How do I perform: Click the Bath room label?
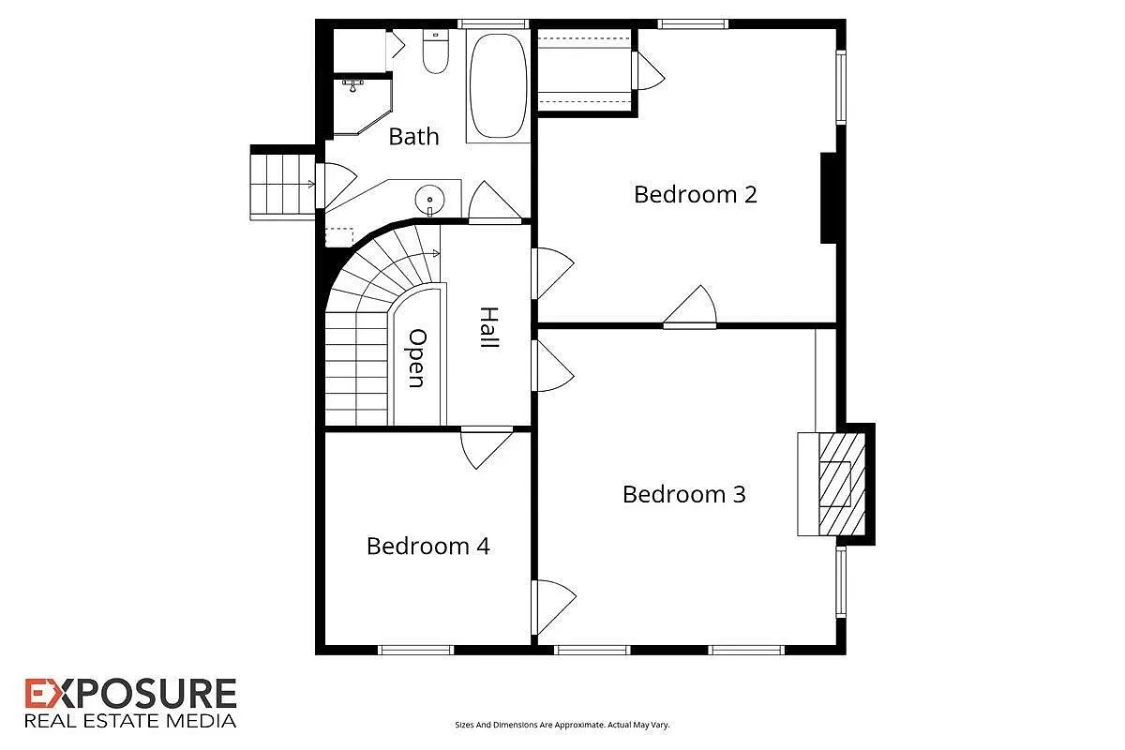[x=413, y=137]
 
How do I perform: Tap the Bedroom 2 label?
[x=696, y=194]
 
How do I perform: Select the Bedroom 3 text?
[x=684, y=494]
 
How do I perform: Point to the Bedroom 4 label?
[x=427, y=546]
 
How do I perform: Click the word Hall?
[x=489, y=327]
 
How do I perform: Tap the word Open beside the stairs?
[x=417, y=358]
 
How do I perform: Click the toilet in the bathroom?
[x=435, y=52]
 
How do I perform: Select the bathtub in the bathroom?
[x=498, y=86]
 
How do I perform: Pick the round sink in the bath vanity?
[x=429, y=200]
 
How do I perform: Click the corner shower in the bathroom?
[x=362, y=106]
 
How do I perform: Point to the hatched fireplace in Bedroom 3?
[x=842, y=485]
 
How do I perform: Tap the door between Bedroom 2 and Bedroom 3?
[x=690, y=307]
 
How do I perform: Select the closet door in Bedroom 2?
[x=649, y=71]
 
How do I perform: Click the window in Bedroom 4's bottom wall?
[x=415, y=650]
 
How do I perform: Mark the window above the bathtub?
[x=493, y=23]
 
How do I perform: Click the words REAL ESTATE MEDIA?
[x=130, y=721]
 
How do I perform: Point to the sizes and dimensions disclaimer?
[x=562, y=725]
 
